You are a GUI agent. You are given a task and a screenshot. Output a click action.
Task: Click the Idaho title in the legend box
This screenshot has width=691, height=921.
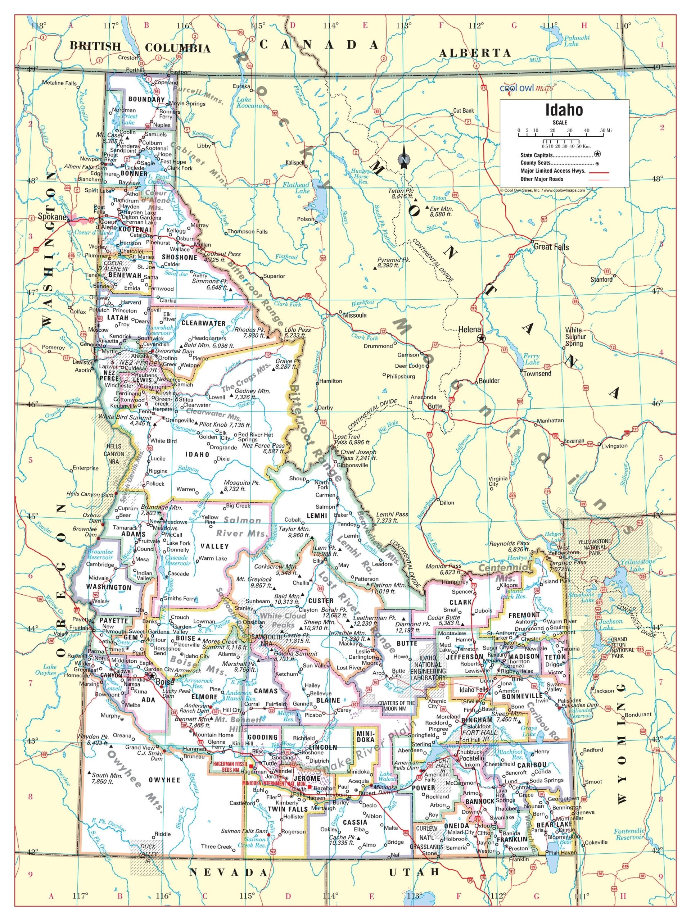[x=564, y=110]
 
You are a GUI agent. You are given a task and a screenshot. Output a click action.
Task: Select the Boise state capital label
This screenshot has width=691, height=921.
[x=163, y=682]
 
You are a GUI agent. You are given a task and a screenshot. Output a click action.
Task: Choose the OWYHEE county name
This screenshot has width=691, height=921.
[x=164, y=780]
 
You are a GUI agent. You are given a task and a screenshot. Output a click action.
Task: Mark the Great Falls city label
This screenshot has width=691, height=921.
[x=551, y=247]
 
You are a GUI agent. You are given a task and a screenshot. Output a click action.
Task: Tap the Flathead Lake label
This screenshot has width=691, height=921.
[x=296, y=188]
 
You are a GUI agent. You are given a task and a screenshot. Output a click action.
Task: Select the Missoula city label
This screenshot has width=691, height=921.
[x=354, y=315]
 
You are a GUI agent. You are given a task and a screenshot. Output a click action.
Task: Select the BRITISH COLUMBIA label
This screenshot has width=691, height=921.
[x=140, y=47]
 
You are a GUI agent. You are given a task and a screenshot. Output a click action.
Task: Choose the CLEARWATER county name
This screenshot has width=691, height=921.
[x=203, y=323]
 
